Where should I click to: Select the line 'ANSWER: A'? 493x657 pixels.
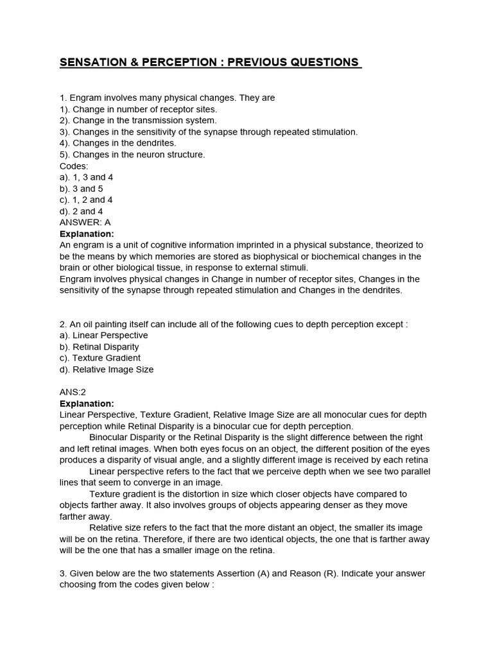pyautogui.click(x=85, y=222)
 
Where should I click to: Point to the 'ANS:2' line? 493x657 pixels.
pyautogui.click(x=73, y=392)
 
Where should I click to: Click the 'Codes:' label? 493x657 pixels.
pyautogui.click(x=74, y=166)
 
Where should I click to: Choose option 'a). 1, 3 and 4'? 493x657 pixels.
pyautogui.click(x=87, y=177)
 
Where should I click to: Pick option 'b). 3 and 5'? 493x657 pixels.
pyautogui.click(x=81, y=189)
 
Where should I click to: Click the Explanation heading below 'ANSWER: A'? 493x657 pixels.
pyautogui.click(x=87, y=234)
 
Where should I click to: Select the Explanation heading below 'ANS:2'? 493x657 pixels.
pyautogui.click(x=87, y=404)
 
